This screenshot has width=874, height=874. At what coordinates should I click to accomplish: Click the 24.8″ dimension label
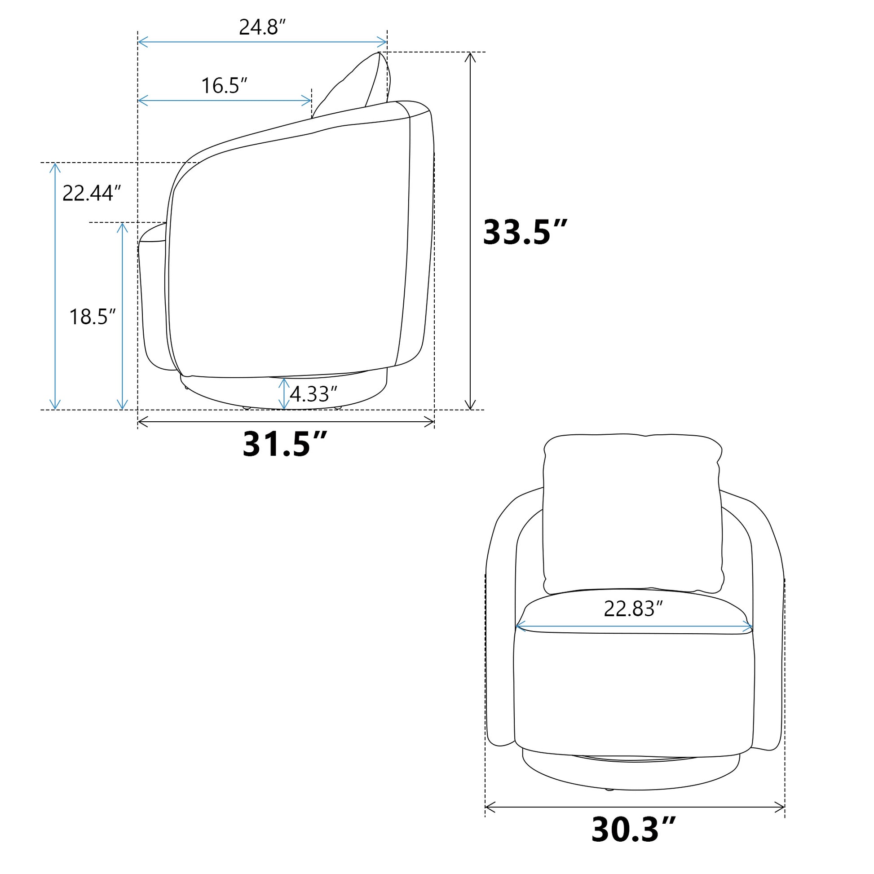[262, 27]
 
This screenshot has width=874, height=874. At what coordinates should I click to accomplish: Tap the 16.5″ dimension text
[225, 85]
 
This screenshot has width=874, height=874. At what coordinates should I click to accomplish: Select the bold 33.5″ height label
[525, 232]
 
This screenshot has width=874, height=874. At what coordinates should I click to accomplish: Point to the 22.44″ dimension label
[92, 193]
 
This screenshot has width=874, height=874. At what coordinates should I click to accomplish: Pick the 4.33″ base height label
[313, 394]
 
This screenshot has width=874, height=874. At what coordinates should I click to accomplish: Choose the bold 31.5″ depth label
[285, 444]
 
